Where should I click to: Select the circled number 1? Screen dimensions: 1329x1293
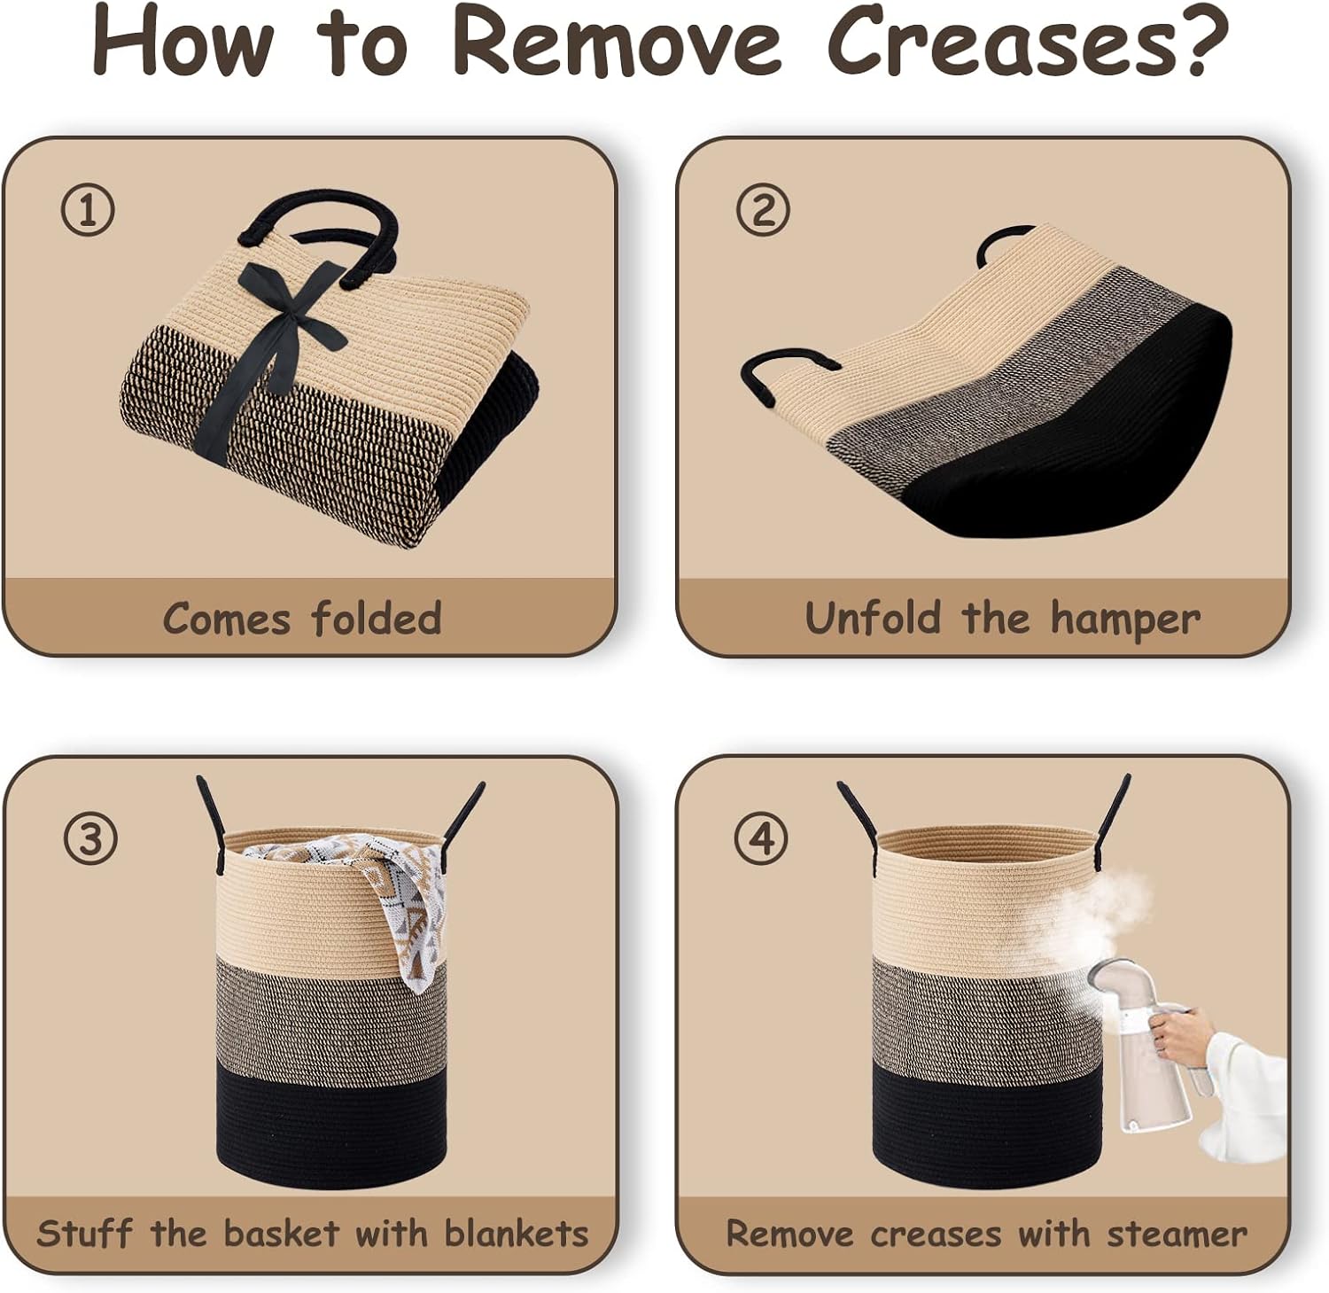[x=88, y=210]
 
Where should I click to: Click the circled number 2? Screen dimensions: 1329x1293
[x=762, y=210]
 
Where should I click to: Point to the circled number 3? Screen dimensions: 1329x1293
[x=89, y=837]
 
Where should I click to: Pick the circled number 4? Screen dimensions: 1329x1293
[x=762, y=837]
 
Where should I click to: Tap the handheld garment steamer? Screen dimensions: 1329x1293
[x=1143, y=1046]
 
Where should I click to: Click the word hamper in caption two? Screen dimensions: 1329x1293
[x=1125, y=619]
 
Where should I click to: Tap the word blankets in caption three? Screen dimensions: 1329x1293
[x=516, y=1233]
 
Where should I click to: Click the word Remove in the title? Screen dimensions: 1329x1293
[x=618, y=42]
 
